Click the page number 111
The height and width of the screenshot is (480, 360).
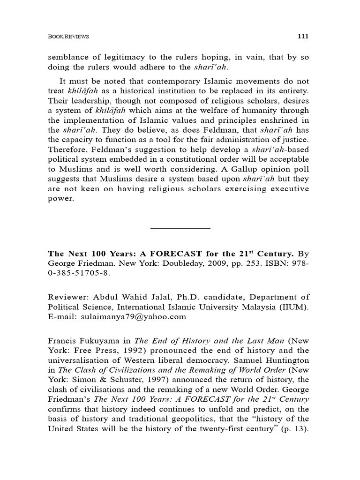(x=303, y=36)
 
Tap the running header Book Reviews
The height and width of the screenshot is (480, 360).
(x=68, y=37)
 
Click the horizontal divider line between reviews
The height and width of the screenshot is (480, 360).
(x=180, y=228)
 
